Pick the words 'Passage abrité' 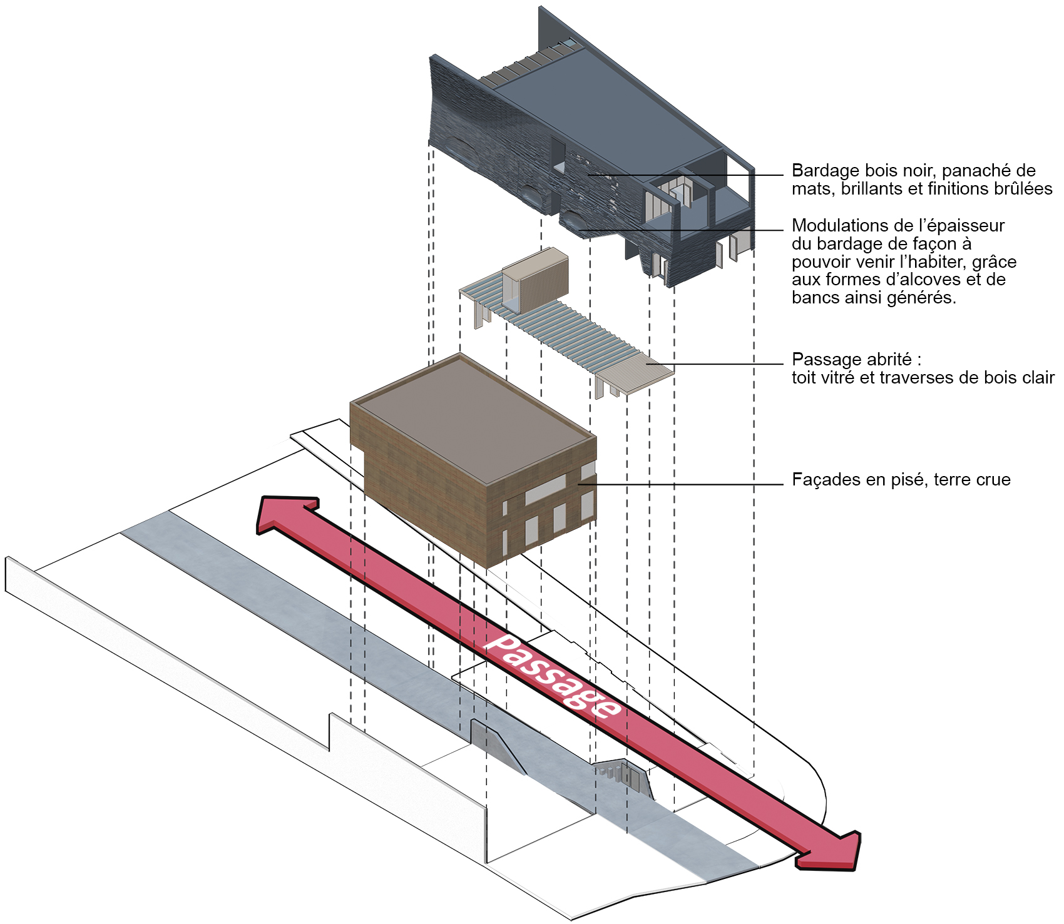[x=852, y=360]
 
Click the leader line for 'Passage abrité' [x=720, y=364]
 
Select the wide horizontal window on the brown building [x=545, y=491]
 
